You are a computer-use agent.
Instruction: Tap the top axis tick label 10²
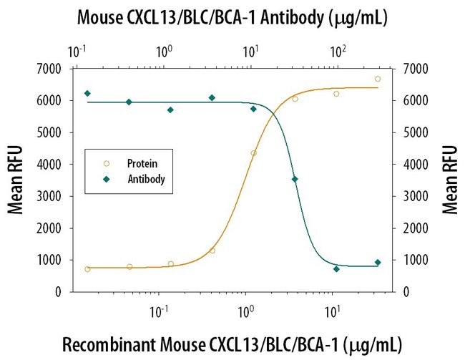[338, 52]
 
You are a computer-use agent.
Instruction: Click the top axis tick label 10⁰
[165, 52]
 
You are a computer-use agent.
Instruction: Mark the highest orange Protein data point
[378, 79]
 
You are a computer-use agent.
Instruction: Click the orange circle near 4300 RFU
[253, 153]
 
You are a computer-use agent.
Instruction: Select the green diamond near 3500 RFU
[295, 179]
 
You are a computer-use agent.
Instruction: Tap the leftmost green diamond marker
[87, 93]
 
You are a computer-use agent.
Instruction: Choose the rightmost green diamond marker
[378, 263]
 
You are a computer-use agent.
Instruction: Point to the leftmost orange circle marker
[87, 269]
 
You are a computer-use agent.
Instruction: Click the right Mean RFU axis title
[451, 180]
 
